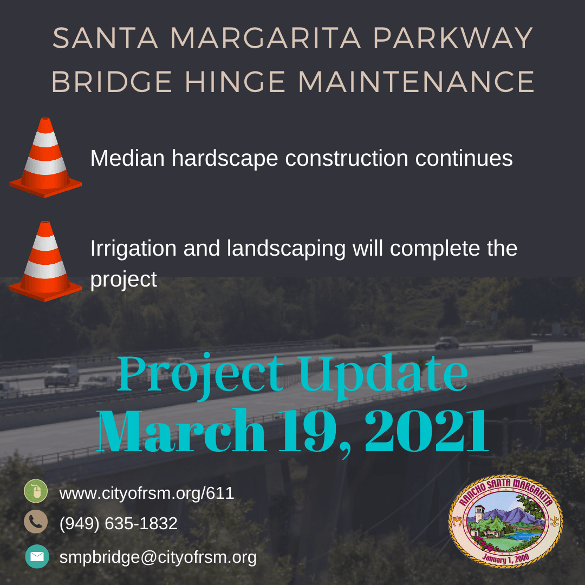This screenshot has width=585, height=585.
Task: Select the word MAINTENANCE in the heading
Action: pyautogui.click(x=416, y=82)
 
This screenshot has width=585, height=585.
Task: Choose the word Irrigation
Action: pyautogui.click(x=133, y=249)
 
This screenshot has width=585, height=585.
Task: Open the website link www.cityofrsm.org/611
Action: pyautogui.click(x=146, y=493)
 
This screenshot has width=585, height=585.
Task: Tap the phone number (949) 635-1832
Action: pyautogui.click(x=118, y=523)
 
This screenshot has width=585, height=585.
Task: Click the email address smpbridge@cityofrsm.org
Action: pyautogui.click(x=158, y=557)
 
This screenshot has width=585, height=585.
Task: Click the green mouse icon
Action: pyautogui.click(x=36, y=492)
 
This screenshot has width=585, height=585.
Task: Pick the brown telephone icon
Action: pyautogui.click(x=36, y=522)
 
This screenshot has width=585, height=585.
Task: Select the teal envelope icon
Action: pyautogui.click(x=37, y=556)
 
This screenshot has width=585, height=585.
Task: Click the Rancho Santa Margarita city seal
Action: pyautogui.click(x=505, y=524)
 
